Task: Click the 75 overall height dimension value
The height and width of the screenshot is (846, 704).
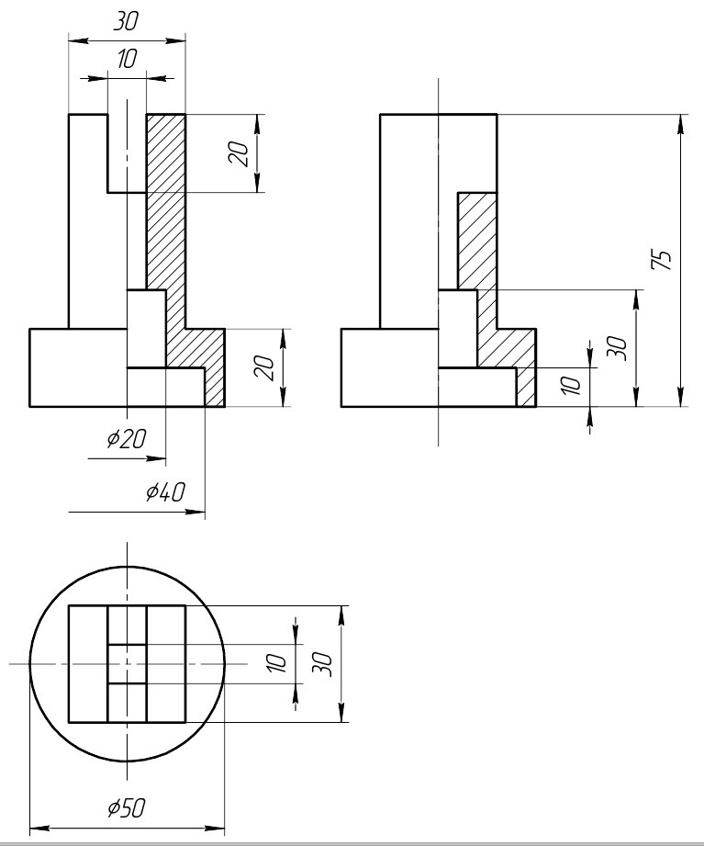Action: [662, 260]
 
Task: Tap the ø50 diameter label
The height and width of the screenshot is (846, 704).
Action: [127, 807]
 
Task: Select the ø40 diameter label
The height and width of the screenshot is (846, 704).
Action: [166, 491]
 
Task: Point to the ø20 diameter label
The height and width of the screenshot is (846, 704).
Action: [127, 439]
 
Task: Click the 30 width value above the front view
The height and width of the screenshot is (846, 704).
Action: [126, 21]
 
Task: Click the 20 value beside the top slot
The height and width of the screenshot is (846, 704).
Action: [239, 153]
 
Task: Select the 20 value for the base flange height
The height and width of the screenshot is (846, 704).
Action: [264, 367]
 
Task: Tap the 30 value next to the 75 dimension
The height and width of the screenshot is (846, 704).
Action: [617, 348]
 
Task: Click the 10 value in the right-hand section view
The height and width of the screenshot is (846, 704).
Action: [571, 386]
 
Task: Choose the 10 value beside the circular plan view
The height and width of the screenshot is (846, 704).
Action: [275, 662]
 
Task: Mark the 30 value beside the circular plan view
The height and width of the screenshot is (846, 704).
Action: [322, 663]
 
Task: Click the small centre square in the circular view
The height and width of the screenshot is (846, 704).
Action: [128, 663]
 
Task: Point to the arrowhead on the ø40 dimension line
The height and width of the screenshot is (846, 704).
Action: [196, 512]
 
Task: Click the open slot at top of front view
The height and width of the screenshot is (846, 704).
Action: [127, 152]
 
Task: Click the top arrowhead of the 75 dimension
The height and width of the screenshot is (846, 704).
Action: [681, 124]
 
